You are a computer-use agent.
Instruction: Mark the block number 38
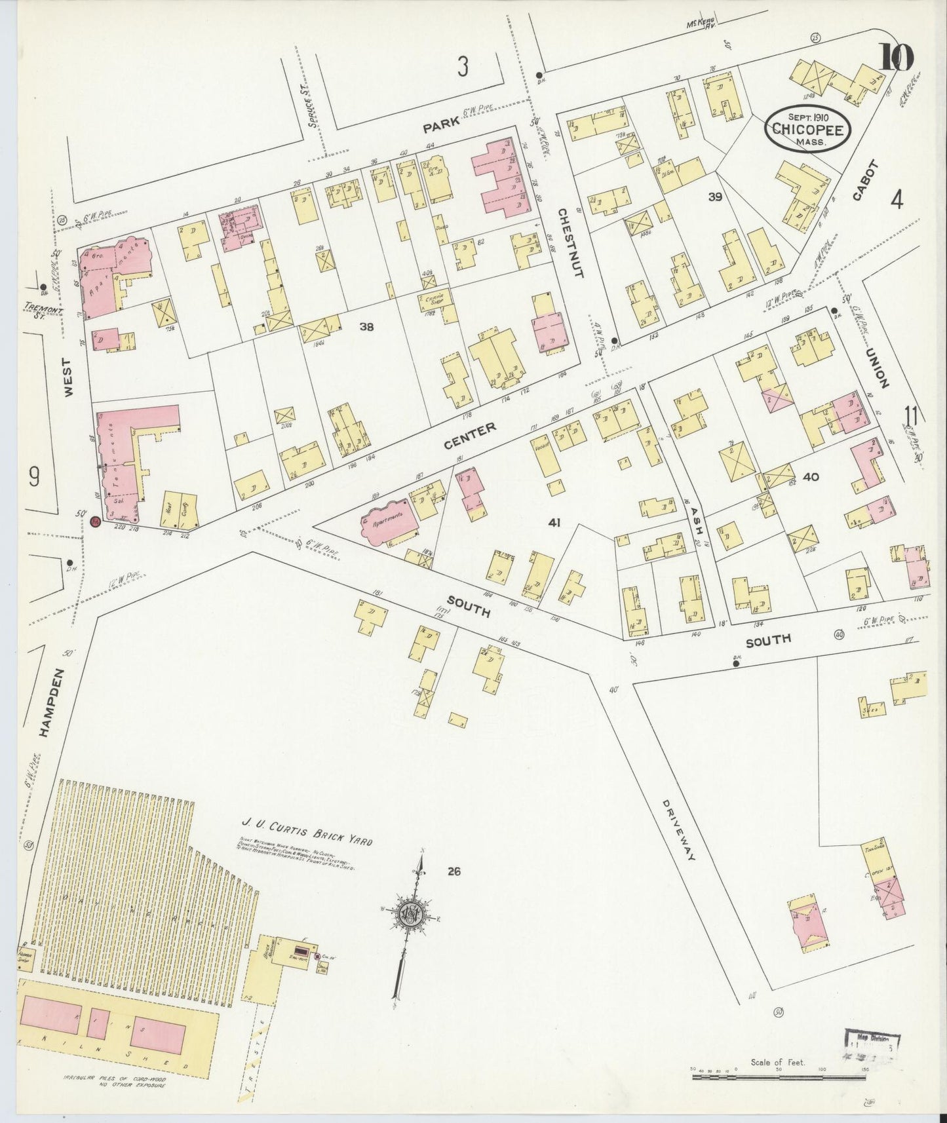coord(366,326)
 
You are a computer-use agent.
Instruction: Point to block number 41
coord(554,522)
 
